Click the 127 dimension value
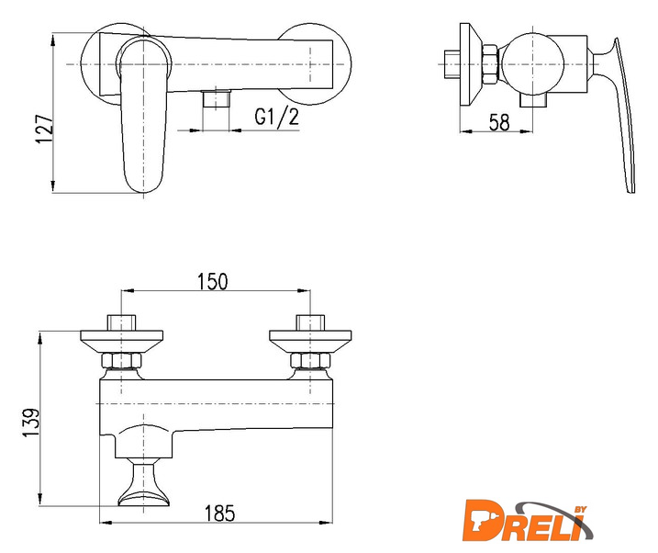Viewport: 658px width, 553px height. [x=45, y=129]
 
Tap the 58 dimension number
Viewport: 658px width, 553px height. [x=499, y=122]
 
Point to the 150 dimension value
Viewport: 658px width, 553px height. [x=213, y=281]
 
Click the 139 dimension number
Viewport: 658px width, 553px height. [x=30, y=423]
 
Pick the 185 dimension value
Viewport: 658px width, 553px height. [x=220, y=513]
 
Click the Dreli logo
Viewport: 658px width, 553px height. [x=527, y=521]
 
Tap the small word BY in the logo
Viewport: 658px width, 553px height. [x=580, y=509]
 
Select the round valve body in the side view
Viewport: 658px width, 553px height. [x=532, y=64]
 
